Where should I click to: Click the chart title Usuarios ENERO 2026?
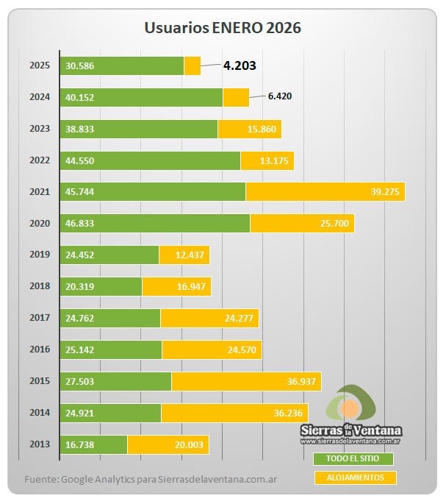[x=222, y=28]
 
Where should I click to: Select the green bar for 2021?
[x=153, y=191]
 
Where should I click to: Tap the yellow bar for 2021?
[x=325, y=191]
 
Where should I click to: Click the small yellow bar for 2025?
[x=193, y=65]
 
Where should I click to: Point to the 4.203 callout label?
[x=240, y=65]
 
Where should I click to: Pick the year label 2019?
[x=39, y=255]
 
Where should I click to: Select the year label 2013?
[x=39, y=444]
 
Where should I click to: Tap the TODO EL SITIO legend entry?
[x=353, y=459]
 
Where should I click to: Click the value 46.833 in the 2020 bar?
[x=79, y=223]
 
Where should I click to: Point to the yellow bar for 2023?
[x=250, y=129]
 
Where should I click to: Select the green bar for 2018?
[x=101, y=286]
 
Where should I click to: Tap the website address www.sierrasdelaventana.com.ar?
[x=350, y=441]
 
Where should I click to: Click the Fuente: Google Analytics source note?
[x=151, y=480]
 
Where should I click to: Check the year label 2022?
[x=39, y=160]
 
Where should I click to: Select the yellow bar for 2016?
[x=212, y=349]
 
